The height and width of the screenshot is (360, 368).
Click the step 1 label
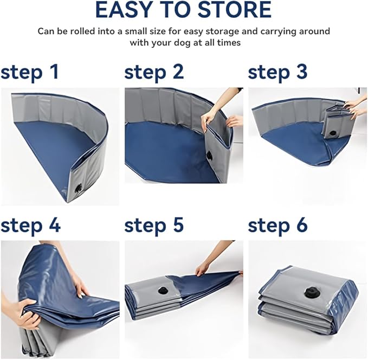30,73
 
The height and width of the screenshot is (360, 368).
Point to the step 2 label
154,73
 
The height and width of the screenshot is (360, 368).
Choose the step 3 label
277,73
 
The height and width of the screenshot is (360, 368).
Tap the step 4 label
30,225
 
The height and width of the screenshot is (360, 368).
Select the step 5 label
154,225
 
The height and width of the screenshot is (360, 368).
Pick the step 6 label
277,225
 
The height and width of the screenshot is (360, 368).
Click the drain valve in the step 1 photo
78,189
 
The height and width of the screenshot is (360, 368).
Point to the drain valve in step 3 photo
333,133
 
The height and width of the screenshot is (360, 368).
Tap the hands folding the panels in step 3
354,107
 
